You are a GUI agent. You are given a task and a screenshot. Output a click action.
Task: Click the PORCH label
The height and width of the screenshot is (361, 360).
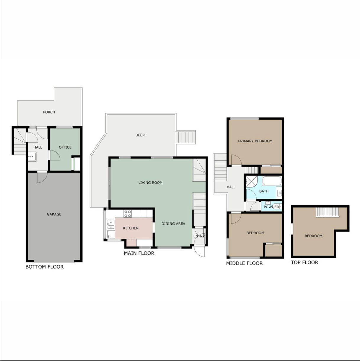click(x=49, y=112)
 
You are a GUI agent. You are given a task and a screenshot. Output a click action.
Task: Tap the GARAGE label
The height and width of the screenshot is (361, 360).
click(x=54, y=214)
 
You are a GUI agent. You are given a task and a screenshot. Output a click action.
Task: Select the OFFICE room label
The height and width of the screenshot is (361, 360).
click(x=65, y=147)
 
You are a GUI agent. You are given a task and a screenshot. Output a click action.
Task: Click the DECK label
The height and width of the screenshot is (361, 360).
click(x=140, y=135)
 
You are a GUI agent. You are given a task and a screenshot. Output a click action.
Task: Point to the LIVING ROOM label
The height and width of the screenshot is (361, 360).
click(x=150, y=183)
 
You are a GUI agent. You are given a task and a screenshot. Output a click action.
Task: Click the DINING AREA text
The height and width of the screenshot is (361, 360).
click(x=173, y=223)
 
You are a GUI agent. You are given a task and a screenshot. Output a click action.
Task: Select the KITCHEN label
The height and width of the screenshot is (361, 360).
click(x=131, y=228)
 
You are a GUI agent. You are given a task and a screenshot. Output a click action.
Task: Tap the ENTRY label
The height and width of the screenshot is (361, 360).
click(x=199, y=236)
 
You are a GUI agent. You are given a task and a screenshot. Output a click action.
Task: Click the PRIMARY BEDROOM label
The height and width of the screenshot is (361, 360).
click(x=255, y=141)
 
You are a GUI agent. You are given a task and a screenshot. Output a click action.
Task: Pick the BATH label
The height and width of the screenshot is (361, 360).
click(x=264, y=191)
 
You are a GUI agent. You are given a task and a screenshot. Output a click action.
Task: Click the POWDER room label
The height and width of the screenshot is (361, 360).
click(x=271, y=207)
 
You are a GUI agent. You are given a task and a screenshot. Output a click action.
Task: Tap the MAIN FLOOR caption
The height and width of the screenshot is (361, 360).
click(x=139, y=253)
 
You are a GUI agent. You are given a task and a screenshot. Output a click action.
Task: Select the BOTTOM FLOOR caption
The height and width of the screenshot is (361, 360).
click(x=45, y=267)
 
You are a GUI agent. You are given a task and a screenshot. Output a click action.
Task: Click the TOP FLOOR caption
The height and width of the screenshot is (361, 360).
click(x=305, y=262)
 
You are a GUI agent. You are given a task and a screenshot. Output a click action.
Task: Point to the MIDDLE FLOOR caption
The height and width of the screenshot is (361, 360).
click(x=244, y=263)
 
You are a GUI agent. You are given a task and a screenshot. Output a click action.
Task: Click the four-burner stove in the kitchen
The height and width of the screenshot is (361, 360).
click(x=128, y=214)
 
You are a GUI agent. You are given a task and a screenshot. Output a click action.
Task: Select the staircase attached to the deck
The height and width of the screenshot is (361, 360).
click(x=185, y=137)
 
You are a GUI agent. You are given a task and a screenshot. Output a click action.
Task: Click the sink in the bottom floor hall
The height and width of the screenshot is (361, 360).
click(x=32, y=157)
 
